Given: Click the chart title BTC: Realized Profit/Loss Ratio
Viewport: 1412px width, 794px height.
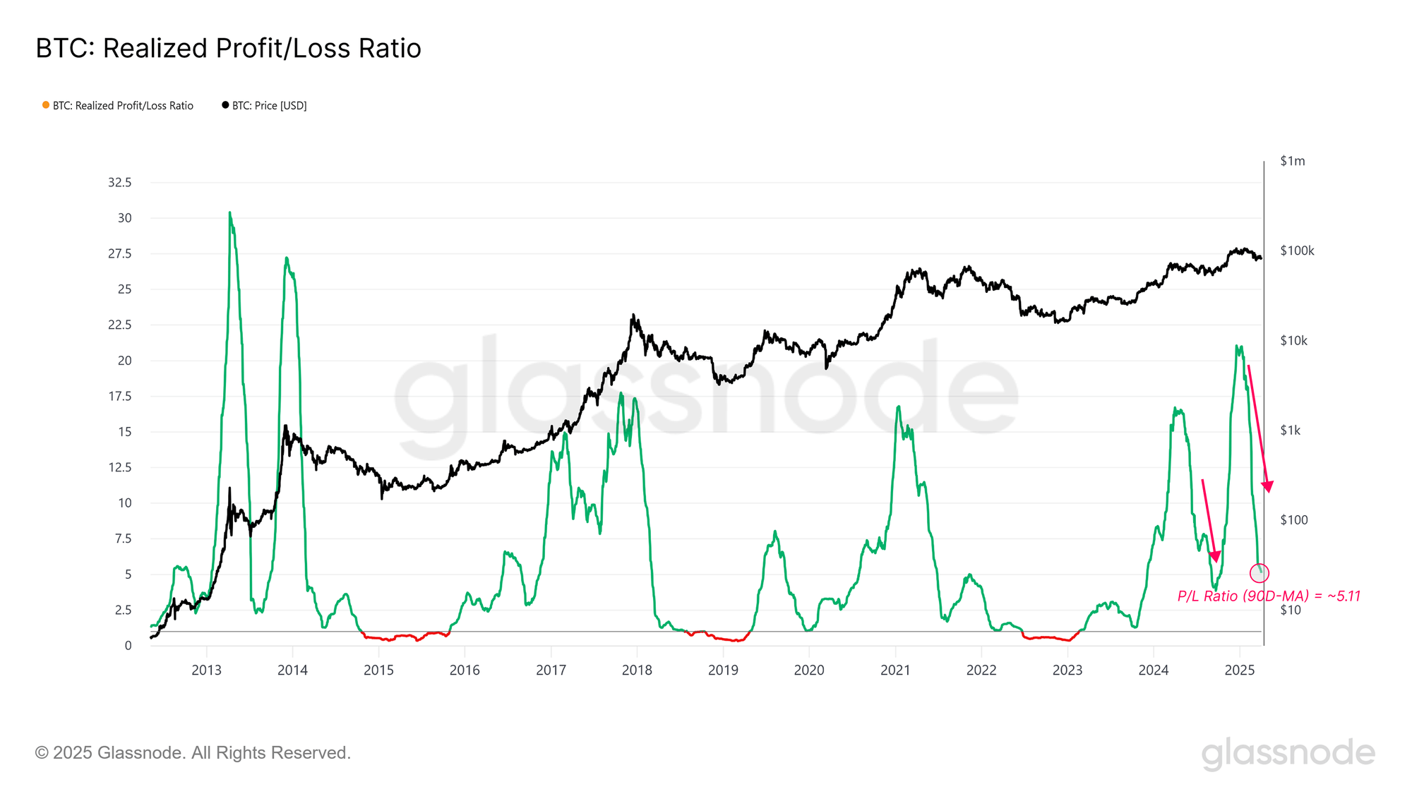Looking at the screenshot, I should tap(228, 49).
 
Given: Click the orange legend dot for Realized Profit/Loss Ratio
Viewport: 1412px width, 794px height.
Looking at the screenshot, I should tap(46, 105).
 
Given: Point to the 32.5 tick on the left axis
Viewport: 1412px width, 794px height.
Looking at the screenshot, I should tap(119, 183).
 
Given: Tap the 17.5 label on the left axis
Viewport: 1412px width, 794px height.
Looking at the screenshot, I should tap(119, 397).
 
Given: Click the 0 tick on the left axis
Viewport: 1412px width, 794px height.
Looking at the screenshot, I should tap(128, 646).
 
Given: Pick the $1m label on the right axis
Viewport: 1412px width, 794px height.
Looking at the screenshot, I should tap(1293, 162).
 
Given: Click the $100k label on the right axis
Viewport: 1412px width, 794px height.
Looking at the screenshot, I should tap(1297, 251).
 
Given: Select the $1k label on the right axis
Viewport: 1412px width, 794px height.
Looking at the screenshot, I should tap(1290, 431).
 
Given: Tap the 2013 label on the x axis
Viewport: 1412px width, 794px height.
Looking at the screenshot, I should tap(206, 670).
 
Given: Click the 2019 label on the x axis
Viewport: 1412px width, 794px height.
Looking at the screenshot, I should tap(723, 670).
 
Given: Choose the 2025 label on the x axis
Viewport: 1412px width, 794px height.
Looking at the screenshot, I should tap(1240, 670).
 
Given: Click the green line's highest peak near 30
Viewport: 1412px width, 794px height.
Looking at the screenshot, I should tap(229, 212).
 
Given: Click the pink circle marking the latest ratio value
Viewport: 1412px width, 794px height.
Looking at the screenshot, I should tap(1260, 573).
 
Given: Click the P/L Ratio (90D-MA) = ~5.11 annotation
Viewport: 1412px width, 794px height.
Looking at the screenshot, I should tap(1269, 596).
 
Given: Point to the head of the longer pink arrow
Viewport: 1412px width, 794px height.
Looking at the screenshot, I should tap(1268, 487).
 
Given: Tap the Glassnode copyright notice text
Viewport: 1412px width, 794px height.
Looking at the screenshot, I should tap(193, 753).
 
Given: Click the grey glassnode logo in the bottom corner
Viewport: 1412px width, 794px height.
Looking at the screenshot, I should tap(1288, 753).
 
